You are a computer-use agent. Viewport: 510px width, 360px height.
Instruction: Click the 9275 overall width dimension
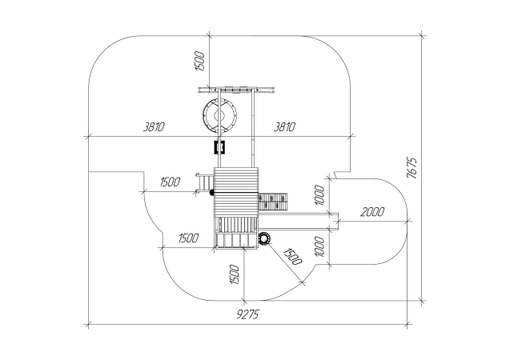(x=248, y=314)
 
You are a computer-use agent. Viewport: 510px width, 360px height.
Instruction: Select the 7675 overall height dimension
(x=412, y=168)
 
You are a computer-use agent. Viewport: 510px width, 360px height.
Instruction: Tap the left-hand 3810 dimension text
(x=154, y=126)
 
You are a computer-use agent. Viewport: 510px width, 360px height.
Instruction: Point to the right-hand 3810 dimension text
(x=284, y=126)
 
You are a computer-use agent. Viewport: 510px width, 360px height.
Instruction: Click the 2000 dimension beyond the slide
(x=372, y=212)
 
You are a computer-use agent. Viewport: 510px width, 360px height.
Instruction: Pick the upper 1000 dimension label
(x=319, y=195)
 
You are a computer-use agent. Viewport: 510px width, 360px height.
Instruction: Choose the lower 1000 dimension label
(x=319, y=246)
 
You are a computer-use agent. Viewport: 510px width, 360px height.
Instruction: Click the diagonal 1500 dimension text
(x=293, y=257)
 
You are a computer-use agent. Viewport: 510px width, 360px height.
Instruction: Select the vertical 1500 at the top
(x=199, y=61)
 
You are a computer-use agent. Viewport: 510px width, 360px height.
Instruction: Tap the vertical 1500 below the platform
(x=234, y=274)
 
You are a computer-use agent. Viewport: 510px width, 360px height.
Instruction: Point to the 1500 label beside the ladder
(x=170, y=182)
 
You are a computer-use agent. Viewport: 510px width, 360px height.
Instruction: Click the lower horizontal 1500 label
(x=188, y=238)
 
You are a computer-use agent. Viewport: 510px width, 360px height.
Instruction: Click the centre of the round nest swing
(x=219, y=116)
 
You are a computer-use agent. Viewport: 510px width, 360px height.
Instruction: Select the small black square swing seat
(x=219, y=147)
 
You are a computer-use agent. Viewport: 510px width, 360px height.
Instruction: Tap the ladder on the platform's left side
(x=205, y=184)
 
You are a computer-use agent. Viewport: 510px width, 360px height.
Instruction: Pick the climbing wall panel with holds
(x=273, y=202)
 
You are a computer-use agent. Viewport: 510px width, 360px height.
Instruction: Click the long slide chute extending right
(x=299, y=222)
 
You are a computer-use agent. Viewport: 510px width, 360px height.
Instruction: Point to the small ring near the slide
(x=264, y=238)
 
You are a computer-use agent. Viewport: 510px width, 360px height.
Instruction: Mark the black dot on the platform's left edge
(x=212, y=193)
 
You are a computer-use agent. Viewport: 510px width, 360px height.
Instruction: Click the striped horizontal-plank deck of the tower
(x=236, y=192)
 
